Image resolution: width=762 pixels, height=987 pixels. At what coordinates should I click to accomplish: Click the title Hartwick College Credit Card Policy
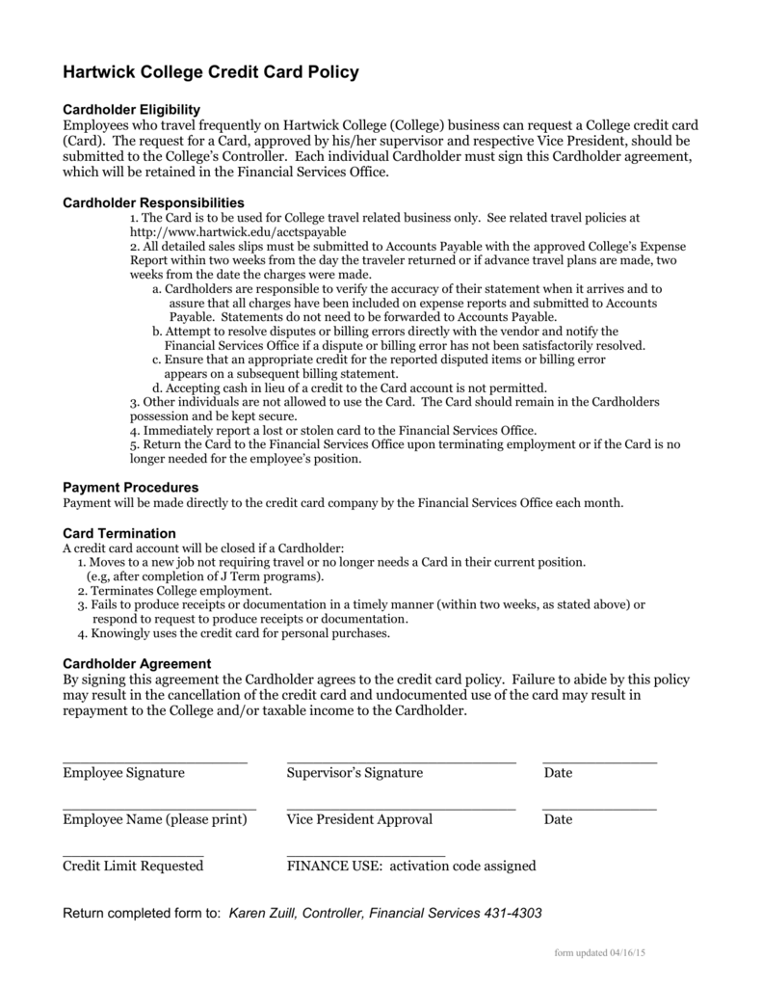210,71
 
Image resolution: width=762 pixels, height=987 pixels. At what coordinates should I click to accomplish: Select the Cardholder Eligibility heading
131,110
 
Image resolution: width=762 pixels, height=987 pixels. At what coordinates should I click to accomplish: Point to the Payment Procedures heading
130,488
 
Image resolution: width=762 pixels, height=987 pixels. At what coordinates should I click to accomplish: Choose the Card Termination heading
119,533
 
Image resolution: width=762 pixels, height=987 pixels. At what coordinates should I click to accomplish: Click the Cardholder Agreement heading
136,663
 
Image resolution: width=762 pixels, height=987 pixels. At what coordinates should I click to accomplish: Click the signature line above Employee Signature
154,761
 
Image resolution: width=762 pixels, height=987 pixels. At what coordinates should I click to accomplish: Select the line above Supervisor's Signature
401,761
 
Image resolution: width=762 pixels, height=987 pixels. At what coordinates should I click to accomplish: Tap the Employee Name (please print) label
154,819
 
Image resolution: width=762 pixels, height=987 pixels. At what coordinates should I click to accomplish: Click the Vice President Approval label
359,819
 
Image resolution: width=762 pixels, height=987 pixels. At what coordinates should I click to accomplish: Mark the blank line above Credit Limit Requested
133,855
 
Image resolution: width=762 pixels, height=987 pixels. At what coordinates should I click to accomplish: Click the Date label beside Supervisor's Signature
558,773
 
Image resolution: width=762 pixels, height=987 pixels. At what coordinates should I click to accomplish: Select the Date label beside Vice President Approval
558,819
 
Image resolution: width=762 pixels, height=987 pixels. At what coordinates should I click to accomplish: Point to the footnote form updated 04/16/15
599,952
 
